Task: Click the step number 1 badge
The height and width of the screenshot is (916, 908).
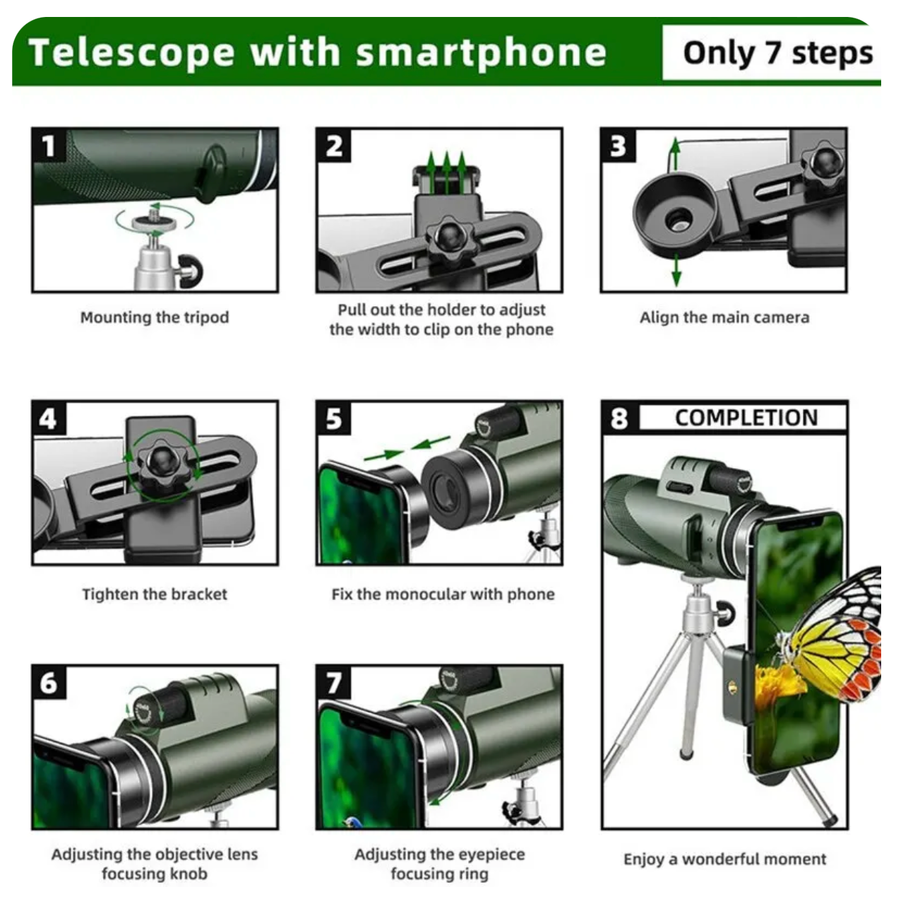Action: click(x=49, y=146)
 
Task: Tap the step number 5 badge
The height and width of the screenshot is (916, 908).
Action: click(x=333, y=418)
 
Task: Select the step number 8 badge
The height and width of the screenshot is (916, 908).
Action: click(x=619, y=418)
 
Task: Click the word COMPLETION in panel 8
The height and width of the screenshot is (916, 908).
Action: click(x=746, y=418)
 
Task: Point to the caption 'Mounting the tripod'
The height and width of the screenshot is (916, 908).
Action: click(x=155, y=317)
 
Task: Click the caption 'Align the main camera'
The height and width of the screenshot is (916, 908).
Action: click(x=724, y=317)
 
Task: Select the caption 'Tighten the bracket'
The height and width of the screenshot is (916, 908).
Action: click(x=155, y=594)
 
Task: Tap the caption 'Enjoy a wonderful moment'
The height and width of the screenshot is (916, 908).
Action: click(x=724, y=859)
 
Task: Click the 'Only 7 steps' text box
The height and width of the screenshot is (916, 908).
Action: click(x=777, y=53)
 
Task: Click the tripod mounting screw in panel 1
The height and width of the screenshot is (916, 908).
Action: click(x=153, y=216)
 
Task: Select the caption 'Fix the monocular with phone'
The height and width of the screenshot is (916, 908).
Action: click(x=443, y=594)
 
